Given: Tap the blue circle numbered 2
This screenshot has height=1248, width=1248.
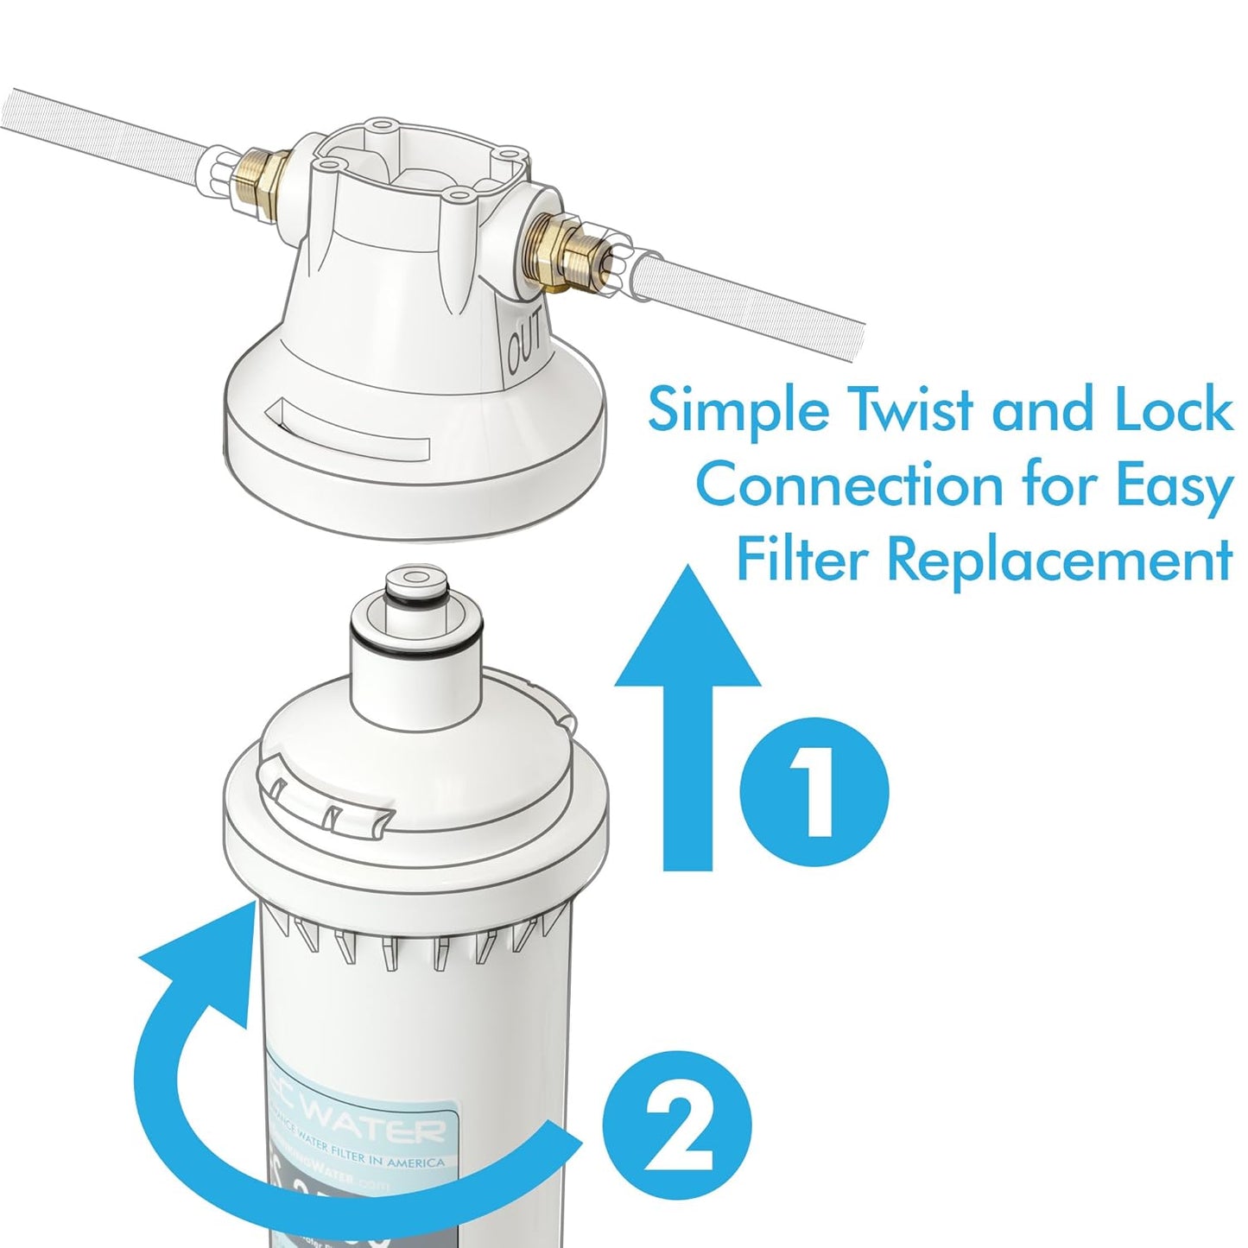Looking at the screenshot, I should pos(676,1124).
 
